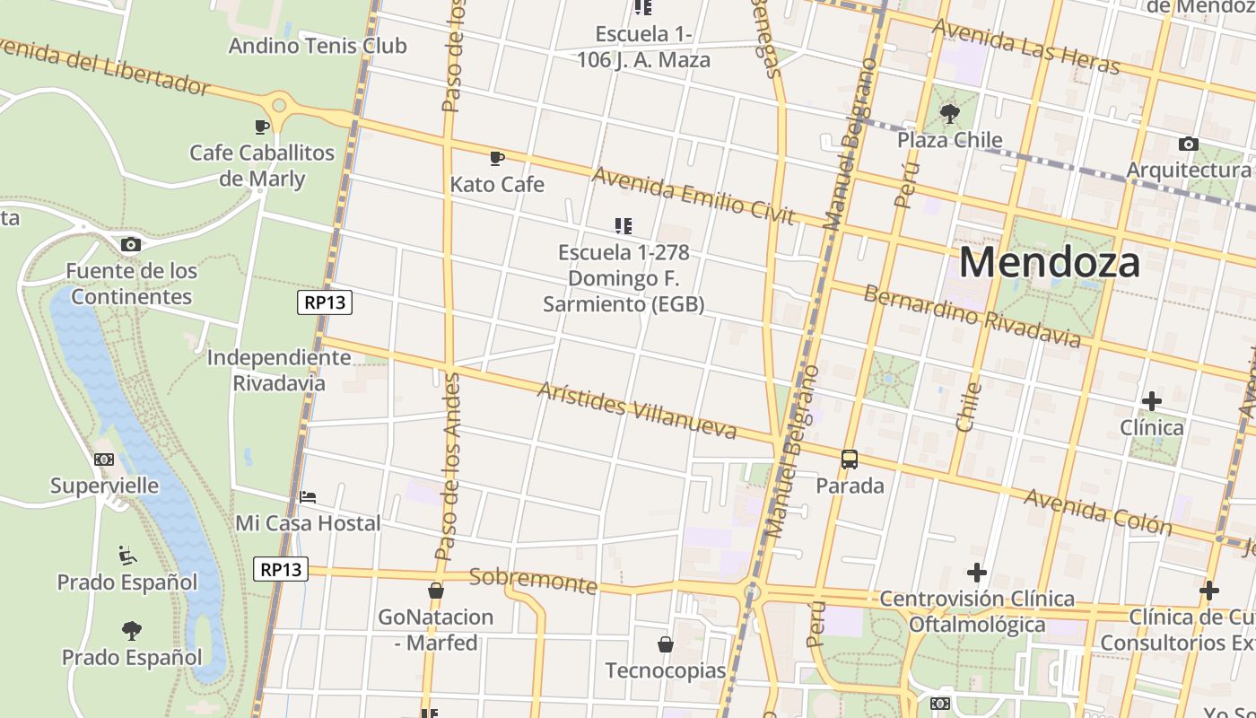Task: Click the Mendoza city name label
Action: [1050, 263]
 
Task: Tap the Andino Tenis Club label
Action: [318, 46]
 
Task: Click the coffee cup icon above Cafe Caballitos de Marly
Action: [262, 127]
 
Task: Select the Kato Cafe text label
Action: [497, 185]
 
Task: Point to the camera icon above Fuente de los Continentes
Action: [131, 244]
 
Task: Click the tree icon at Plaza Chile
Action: [949, 114]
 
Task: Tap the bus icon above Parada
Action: [850, 460]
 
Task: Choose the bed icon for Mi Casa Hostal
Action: [308, 496]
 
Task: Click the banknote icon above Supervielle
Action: [104, 460]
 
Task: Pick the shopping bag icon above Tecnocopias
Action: [666, 644]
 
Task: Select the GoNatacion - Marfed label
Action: [436, 630]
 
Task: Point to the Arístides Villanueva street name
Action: [637, 411]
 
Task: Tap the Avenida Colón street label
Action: [1098, 512]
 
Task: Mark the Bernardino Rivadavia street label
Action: [973, 316]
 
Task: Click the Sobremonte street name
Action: [533, 581]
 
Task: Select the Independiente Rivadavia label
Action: [279, 370]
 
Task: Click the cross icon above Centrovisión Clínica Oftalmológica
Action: [977, 573]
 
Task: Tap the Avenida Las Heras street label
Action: [1025, 47]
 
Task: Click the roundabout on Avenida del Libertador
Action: [280, 106]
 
